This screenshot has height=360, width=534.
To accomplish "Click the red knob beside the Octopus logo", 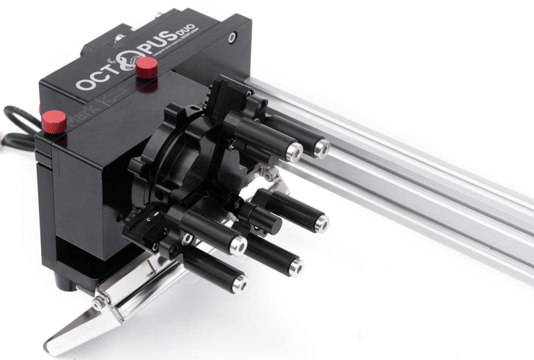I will point(146,66).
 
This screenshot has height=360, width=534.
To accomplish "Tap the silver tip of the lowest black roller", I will point(238,283).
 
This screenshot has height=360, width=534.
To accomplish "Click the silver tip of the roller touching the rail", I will point(322,148).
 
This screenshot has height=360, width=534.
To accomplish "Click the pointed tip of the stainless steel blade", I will point(51,346).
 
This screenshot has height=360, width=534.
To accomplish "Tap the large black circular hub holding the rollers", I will point(178,162).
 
